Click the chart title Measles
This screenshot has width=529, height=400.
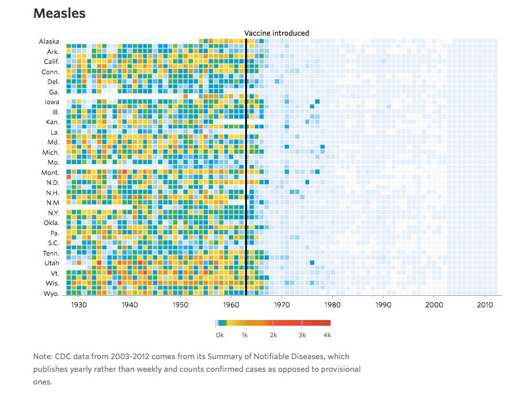[x=59, y=14]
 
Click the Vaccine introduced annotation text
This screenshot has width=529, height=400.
[x=276, y=33]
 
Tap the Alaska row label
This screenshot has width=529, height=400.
[x=49, y=41]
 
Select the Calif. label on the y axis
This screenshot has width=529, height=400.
[x=51, y=62]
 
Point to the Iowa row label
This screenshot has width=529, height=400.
[x=52, y=102]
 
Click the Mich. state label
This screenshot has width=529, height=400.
[x=51, y=152]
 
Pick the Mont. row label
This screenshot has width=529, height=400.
[x=50, y=173]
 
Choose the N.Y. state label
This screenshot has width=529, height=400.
[x=53, y=212]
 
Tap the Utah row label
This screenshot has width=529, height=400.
[x=51, y=263]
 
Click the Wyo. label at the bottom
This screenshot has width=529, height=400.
[x=51, y=294]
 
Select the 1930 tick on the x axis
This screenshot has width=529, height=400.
[x=79, y=305]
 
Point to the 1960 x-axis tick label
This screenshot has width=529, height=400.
[x=231, y=305]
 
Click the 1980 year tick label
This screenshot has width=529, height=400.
[x=333, y=305]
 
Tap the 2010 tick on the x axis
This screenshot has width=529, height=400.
[x=485, y=305]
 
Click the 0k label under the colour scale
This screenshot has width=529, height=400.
[x=219, y=334]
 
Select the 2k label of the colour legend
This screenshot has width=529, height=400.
[x=273, y=334]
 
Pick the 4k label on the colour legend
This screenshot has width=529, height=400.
[x=328, y=334]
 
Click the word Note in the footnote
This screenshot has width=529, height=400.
[x=43, y=357]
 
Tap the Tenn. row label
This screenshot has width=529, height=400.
[x=51, y=253]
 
